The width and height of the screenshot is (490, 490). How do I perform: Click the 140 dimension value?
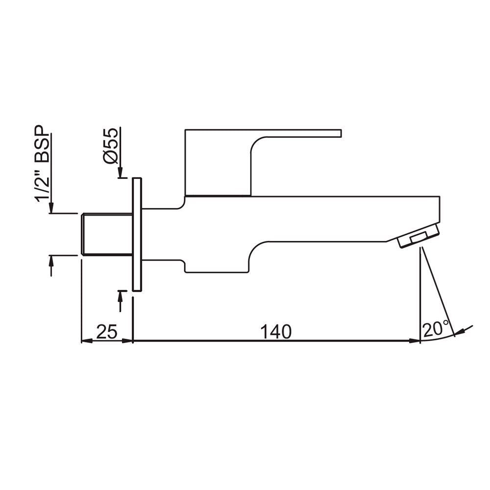pos(276,332)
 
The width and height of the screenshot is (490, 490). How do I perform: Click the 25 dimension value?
pos(106,332)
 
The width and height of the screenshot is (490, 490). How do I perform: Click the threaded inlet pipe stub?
pos(107,234)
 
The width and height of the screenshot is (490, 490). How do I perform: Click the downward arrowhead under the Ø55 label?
pos(120,172)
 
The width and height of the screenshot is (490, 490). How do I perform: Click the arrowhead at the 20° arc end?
pos(459,333)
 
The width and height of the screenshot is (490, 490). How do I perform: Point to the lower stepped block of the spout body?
pos(216,262)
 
